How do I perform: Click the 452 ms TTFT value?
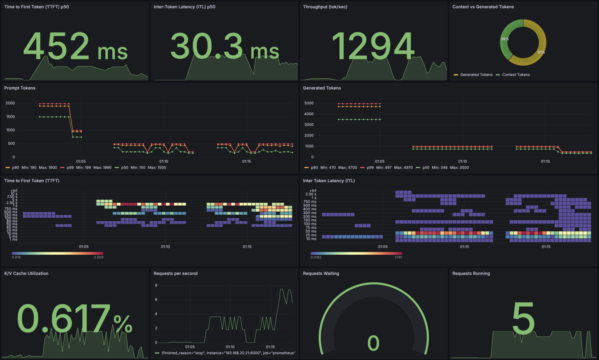[75, 47]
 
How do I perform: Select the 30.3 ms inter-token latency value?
[225, 47]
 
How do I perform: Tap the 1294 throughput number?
[373, 47]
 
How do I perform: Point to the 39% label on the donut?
[505, 39]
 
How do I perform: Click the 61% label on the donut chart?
[541, 52]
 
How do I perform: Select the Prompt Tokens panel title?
[20, 88]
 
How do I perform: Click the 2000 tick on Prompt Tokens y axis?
[10, 103]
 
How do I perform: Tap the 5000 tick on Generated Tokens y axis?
[309, 103]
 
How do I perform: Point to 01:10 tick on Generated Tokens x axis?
[463, 161]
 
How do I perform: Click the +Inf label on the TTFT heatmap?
[14, 191]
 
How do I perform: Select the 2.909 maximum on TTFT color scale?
[99, 258]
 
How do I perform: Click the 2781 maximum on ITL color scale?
[398, 258]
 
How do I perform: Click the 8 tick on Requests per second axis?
[156, 286]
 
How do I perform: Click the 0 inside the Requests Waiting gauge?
[374, 343]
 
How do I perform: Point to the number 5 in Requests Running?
[523, 319]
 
